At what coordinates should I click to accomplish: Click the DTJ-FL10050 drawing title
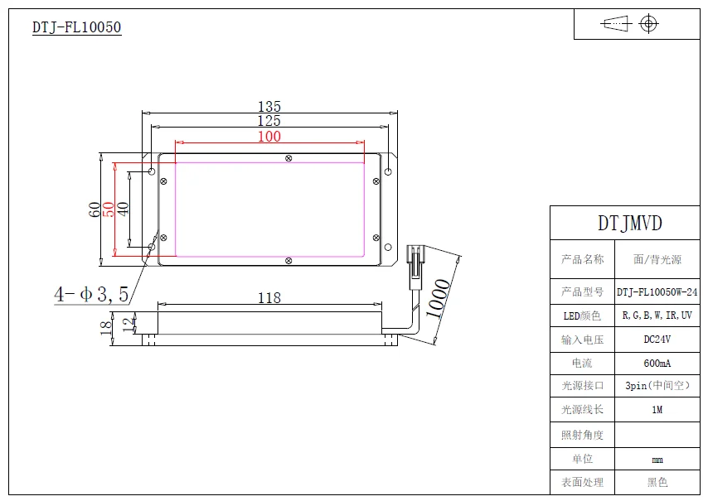(76, 27)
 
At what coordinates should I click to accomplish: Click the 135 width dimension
(269, 107)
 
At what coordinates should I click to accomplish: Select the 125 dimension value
(269, 121)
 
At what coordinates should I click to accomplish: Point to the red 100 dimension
(269, 137)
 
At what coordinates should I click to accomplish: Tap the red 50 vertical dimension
(108, 210)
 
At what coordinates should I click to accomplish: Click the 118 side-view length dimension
(269, 298)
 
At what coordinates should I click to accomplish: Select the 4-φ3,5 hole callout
(91, 294)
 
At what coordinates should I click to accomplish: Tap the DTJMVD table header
(630, 224)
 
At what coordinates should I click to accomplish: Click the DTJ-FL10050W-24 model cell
(657, 291)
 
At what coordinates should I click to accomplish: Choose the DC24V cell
(657, 340)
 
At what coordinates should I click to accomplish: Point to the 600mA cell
(657, 364)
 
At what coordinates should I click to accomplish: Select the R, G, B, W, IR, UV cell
(657, 316)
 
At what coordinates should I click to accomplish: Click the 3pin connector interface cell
(657, 386)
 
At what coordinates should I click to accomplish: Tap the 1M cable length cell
(657, 410)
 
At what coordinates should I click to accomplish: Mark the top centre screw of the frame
(288, 157)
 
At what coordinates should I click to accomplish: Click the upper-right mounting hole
(388, 171)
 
